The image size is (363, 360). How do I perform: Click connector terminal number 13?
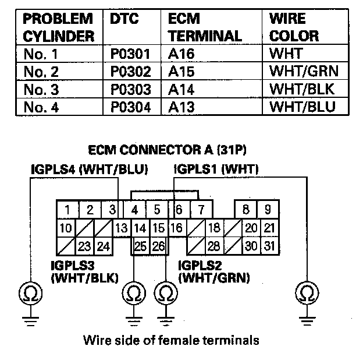(x=122, y=228)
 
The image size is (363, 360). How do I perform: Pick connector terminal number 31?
(x=268, y=246)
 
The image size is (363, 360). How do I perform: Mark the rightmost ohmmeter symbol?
(x=306, y=292)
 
